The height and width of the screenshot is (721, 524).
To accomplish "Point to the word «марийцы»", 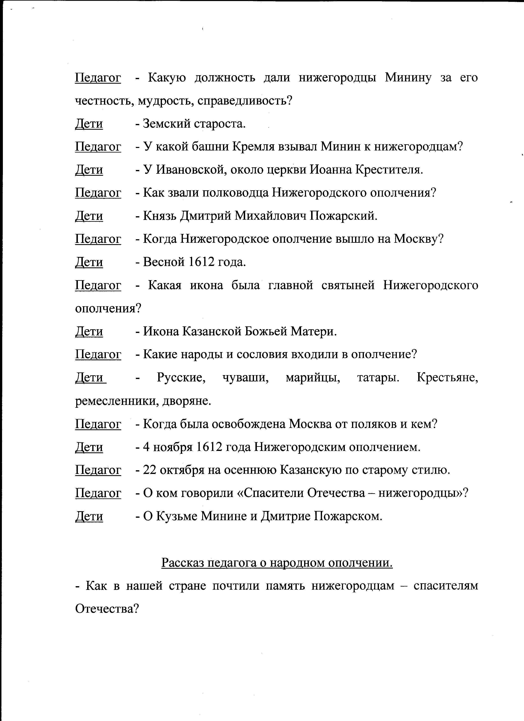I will (313, 378).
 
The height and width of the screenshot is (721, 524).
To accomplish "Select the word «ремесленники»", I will (117, 401).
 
